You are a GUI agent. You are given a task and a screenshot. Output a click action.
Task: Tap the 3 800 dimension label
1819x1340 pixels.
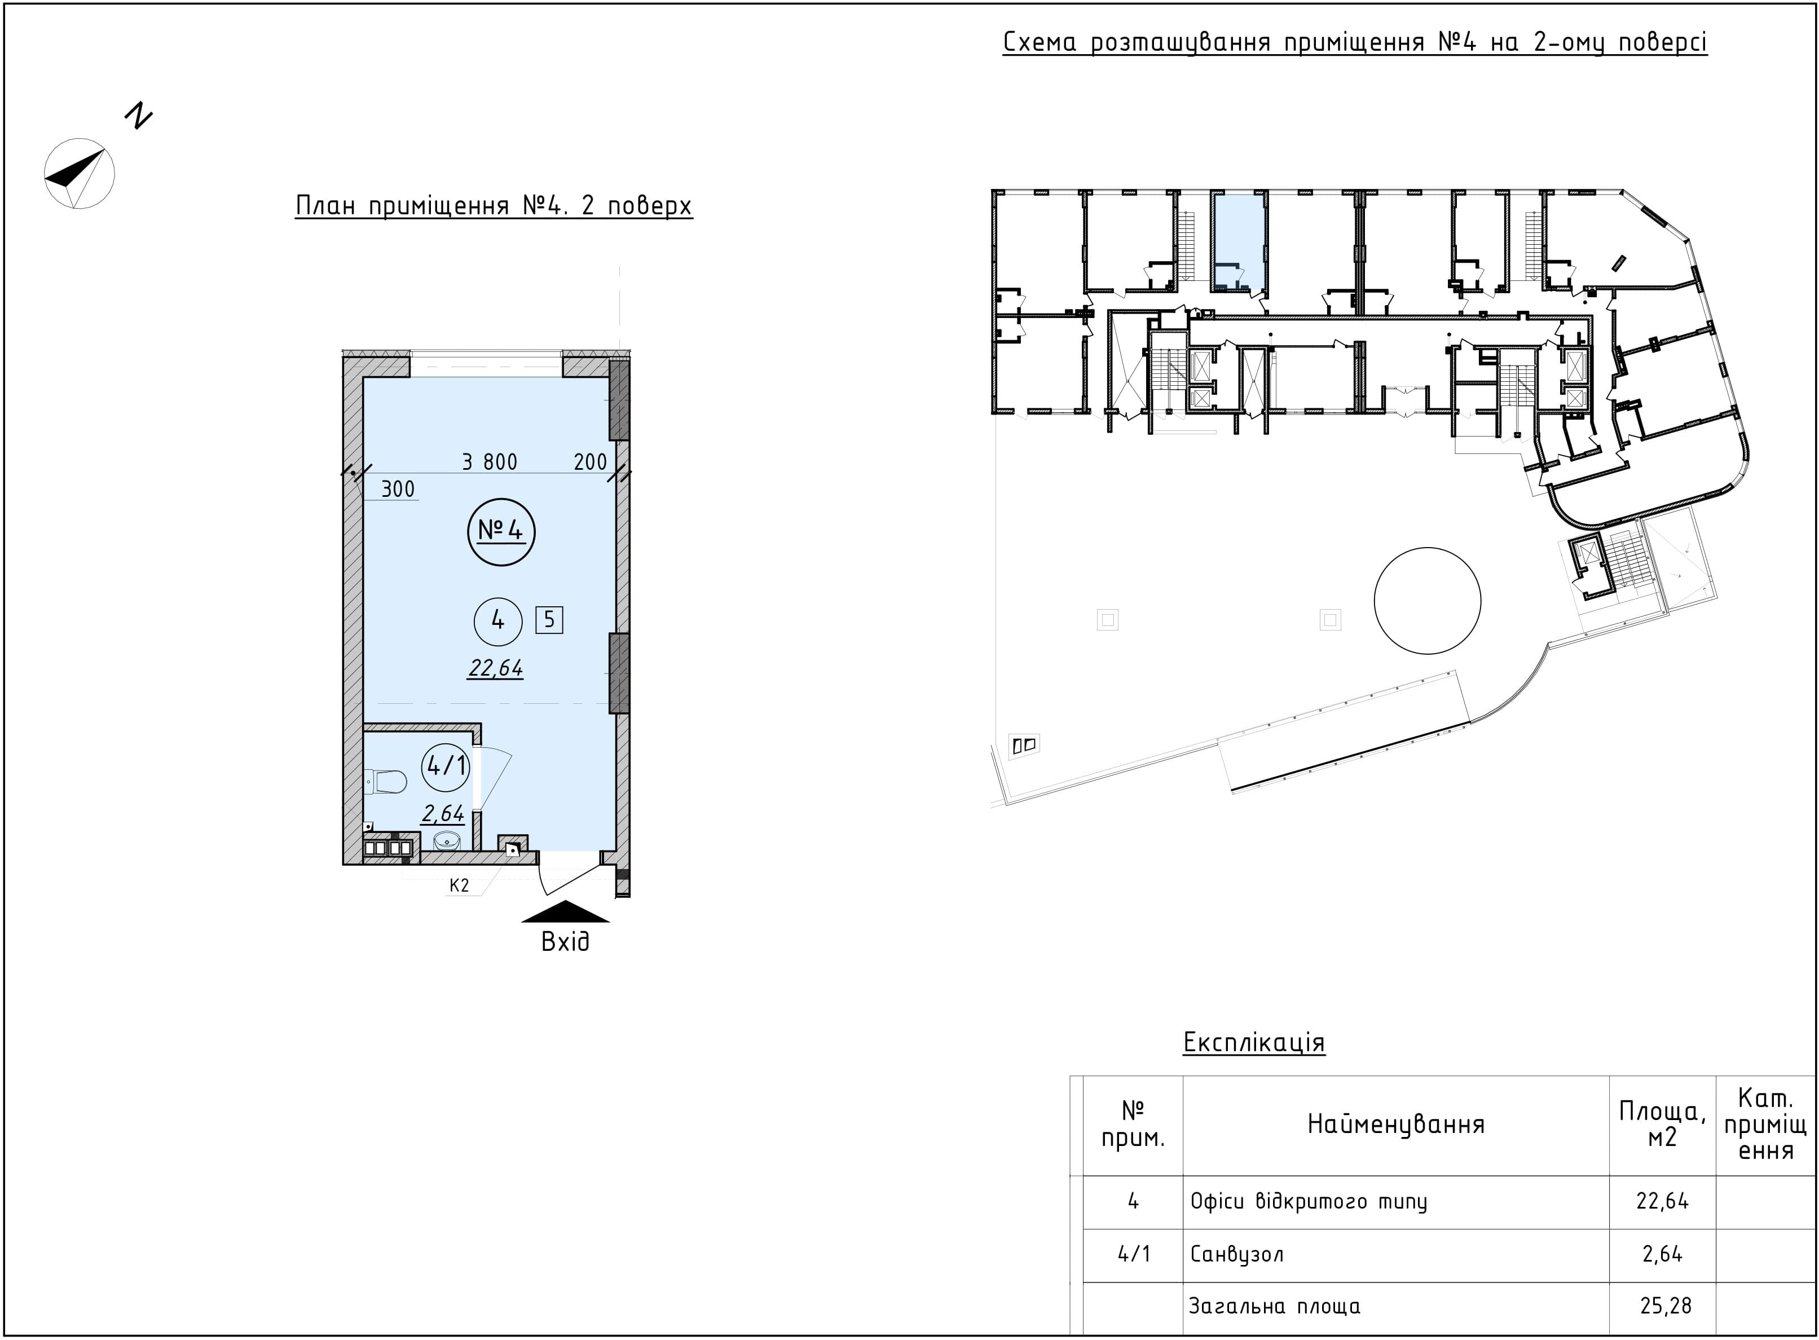[x=489, y=461]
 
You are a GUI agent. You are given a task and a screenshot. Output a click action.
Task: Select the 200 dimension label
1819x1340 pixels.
[x=590, y=461]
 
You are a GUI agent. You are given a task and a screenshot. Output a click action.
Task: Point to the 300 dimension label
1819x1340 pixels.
[x=398, y=489]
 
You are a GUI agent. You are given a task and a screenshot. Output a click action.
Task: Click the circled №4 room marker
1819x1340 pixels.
[x=501, y=531]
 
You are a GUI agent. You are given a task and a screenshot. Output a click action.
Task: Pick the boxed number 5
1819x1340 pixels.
[x=549, y=620]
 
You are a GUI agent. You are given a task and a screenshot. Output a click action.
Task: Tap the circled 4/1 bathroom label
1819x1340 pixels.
[x=446, y=765]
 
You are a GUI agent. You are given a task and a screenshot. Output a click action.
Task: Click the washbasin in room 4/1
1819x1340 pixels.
[x=446, y=840]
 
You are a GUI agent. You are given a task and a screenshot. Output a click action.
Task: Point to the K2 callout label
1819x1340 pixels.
[x=459, y=885]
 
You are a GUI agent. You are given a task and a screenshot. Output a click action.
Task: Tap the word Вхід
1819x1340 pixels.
[x=566, y=942]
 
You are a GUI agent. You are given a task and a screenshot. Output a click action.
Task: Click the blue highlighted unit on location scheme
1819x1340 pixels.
[x=1239, y=241]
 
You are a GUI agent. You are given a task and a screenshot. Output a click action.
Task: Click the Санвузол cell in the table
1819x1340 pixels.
[x=1236, y=1255]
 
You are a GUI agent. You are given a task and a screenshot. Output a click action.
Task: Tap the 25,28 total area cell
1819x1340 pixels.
[x=1662, y=1306]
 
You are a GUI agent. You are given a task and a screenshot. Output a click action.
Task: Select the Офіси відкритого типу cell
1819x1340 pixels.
[x=1308, y=1201]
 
